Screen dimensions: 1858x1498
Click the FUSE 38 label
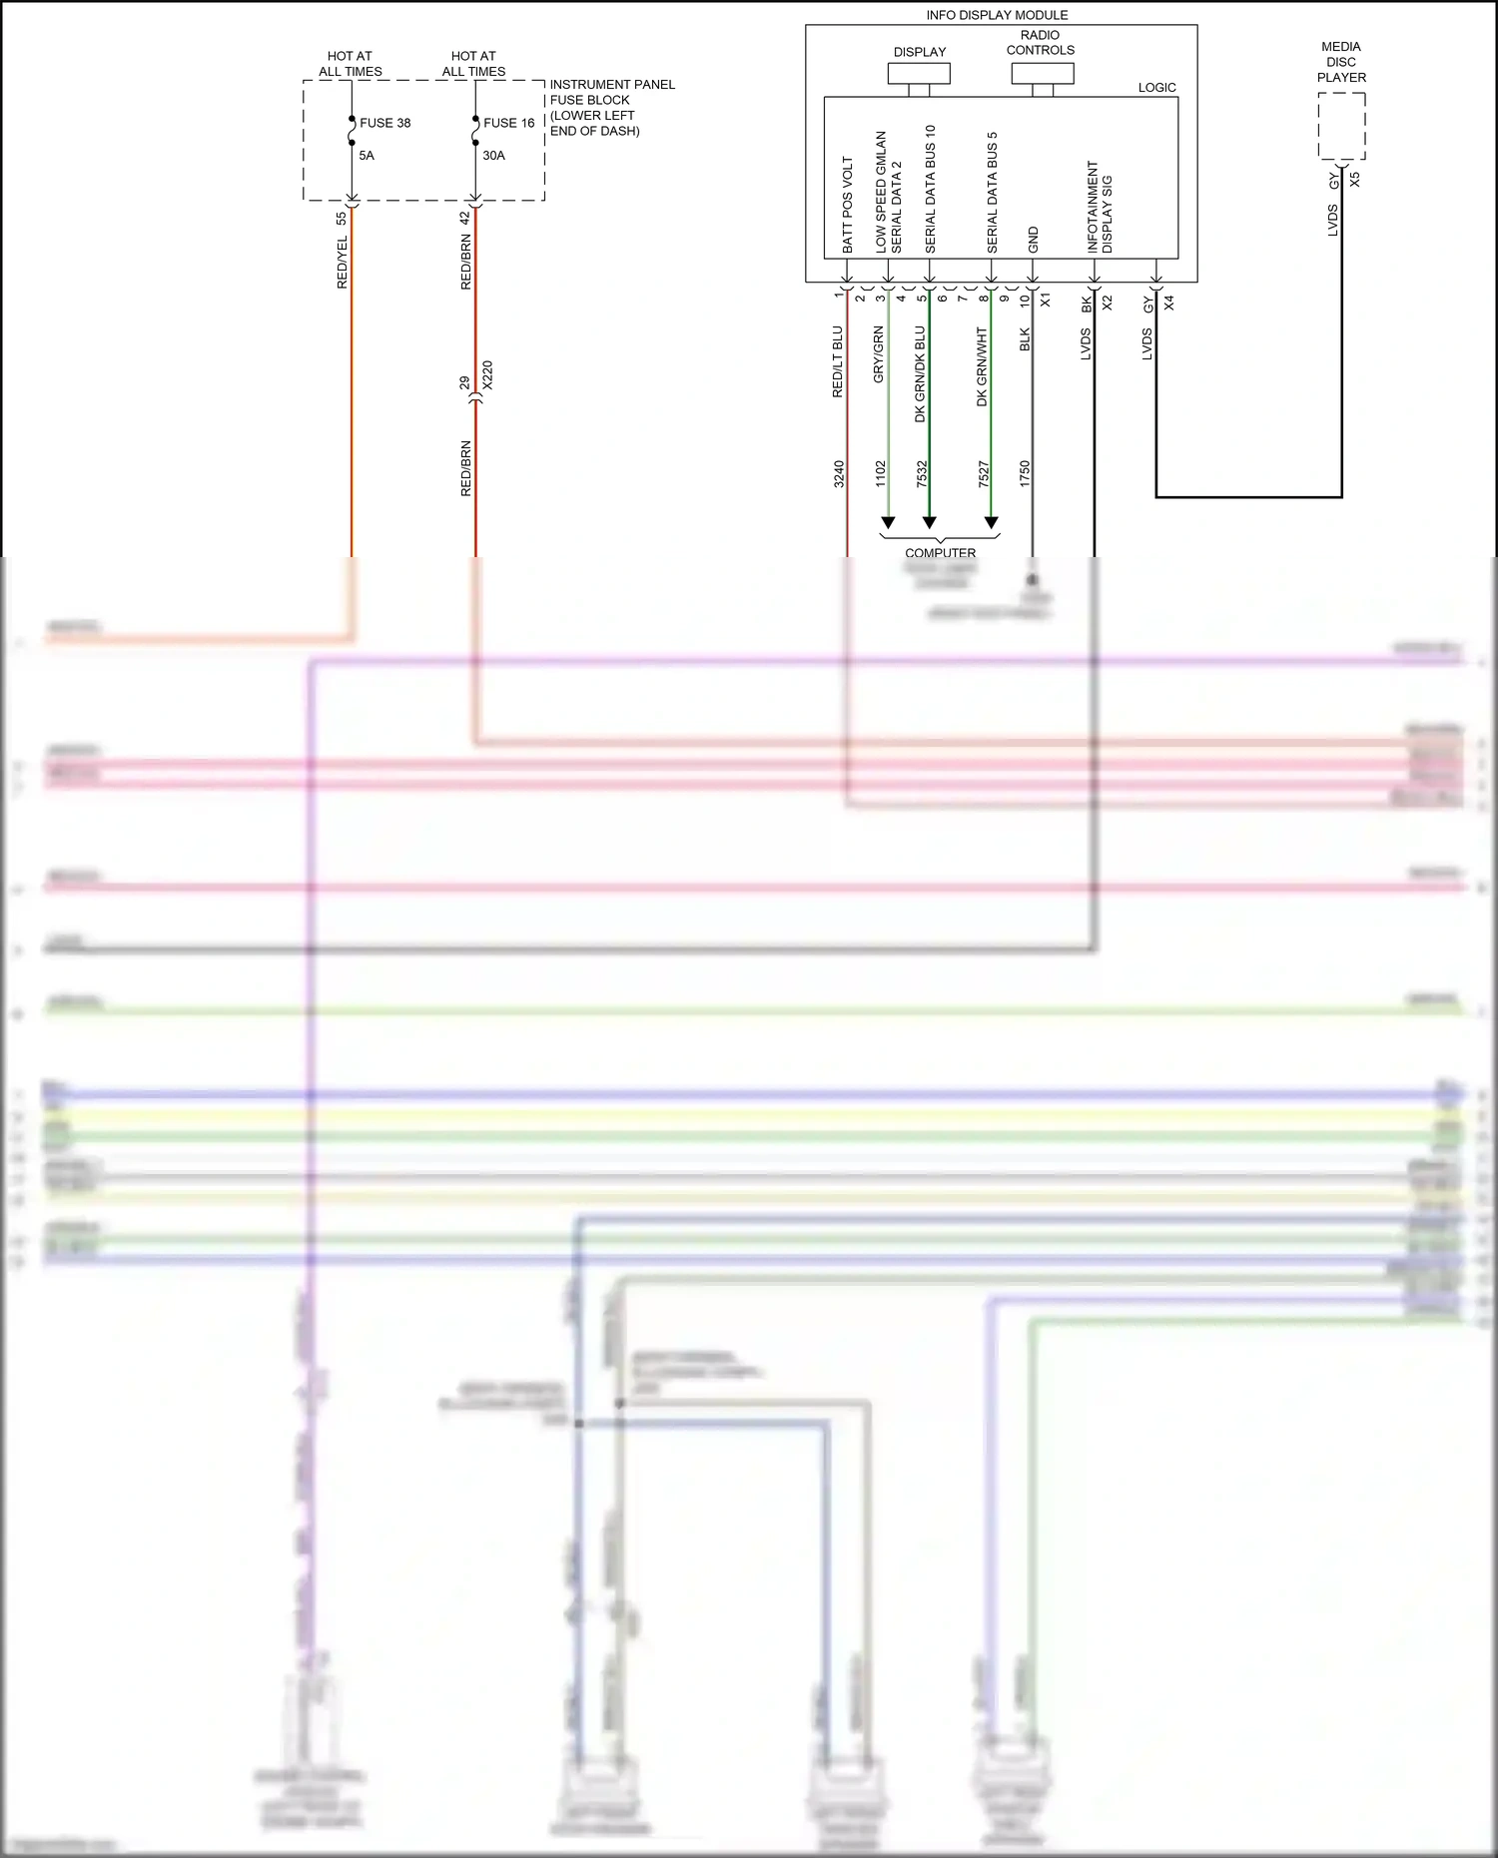click(384, 123)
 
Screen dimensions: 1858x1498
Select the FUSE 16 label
click(508, 123)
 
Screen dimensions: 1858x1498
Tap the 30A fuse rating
click(493, 156)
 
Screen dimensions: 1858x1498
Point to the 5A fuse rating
click(367, 156)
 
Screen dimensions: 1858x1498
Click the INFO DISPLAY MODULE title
click(997, 15)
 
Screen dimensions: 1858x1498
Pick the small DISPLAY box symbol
click(919, 74)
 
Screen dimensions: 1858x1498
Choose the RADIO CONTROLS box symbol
click(1042, 74)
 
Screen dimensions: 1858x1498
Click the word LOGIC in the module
click(1156, 88)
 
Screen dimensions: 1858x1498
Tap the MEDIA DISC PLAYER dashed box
click(1341, 126)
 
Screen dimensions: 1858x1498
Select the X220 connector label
click(487, 375)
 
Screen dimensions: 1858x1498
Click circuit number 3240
click(839, 473)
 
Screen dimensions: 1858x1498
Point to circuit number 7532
click(922, 473)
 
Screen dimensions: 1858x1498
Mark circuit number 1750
click(1025, 473)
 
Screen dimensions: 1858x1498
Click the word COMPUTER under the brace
click(940, 553)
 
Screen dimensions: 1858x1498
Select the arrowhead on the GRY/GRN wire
click(888, 523)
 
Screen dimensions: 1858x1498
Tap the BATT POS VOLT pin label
click(848, 205)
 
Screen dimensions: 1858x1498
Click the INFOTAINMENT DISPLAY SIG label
click(1100, 208)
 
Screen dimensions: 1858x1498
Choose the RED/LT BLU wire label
click(838, 361)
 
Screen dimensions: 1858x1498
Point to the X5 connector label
click(1355, 180)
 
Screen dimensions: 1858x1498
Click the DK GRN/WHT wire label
click(982, 366)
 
